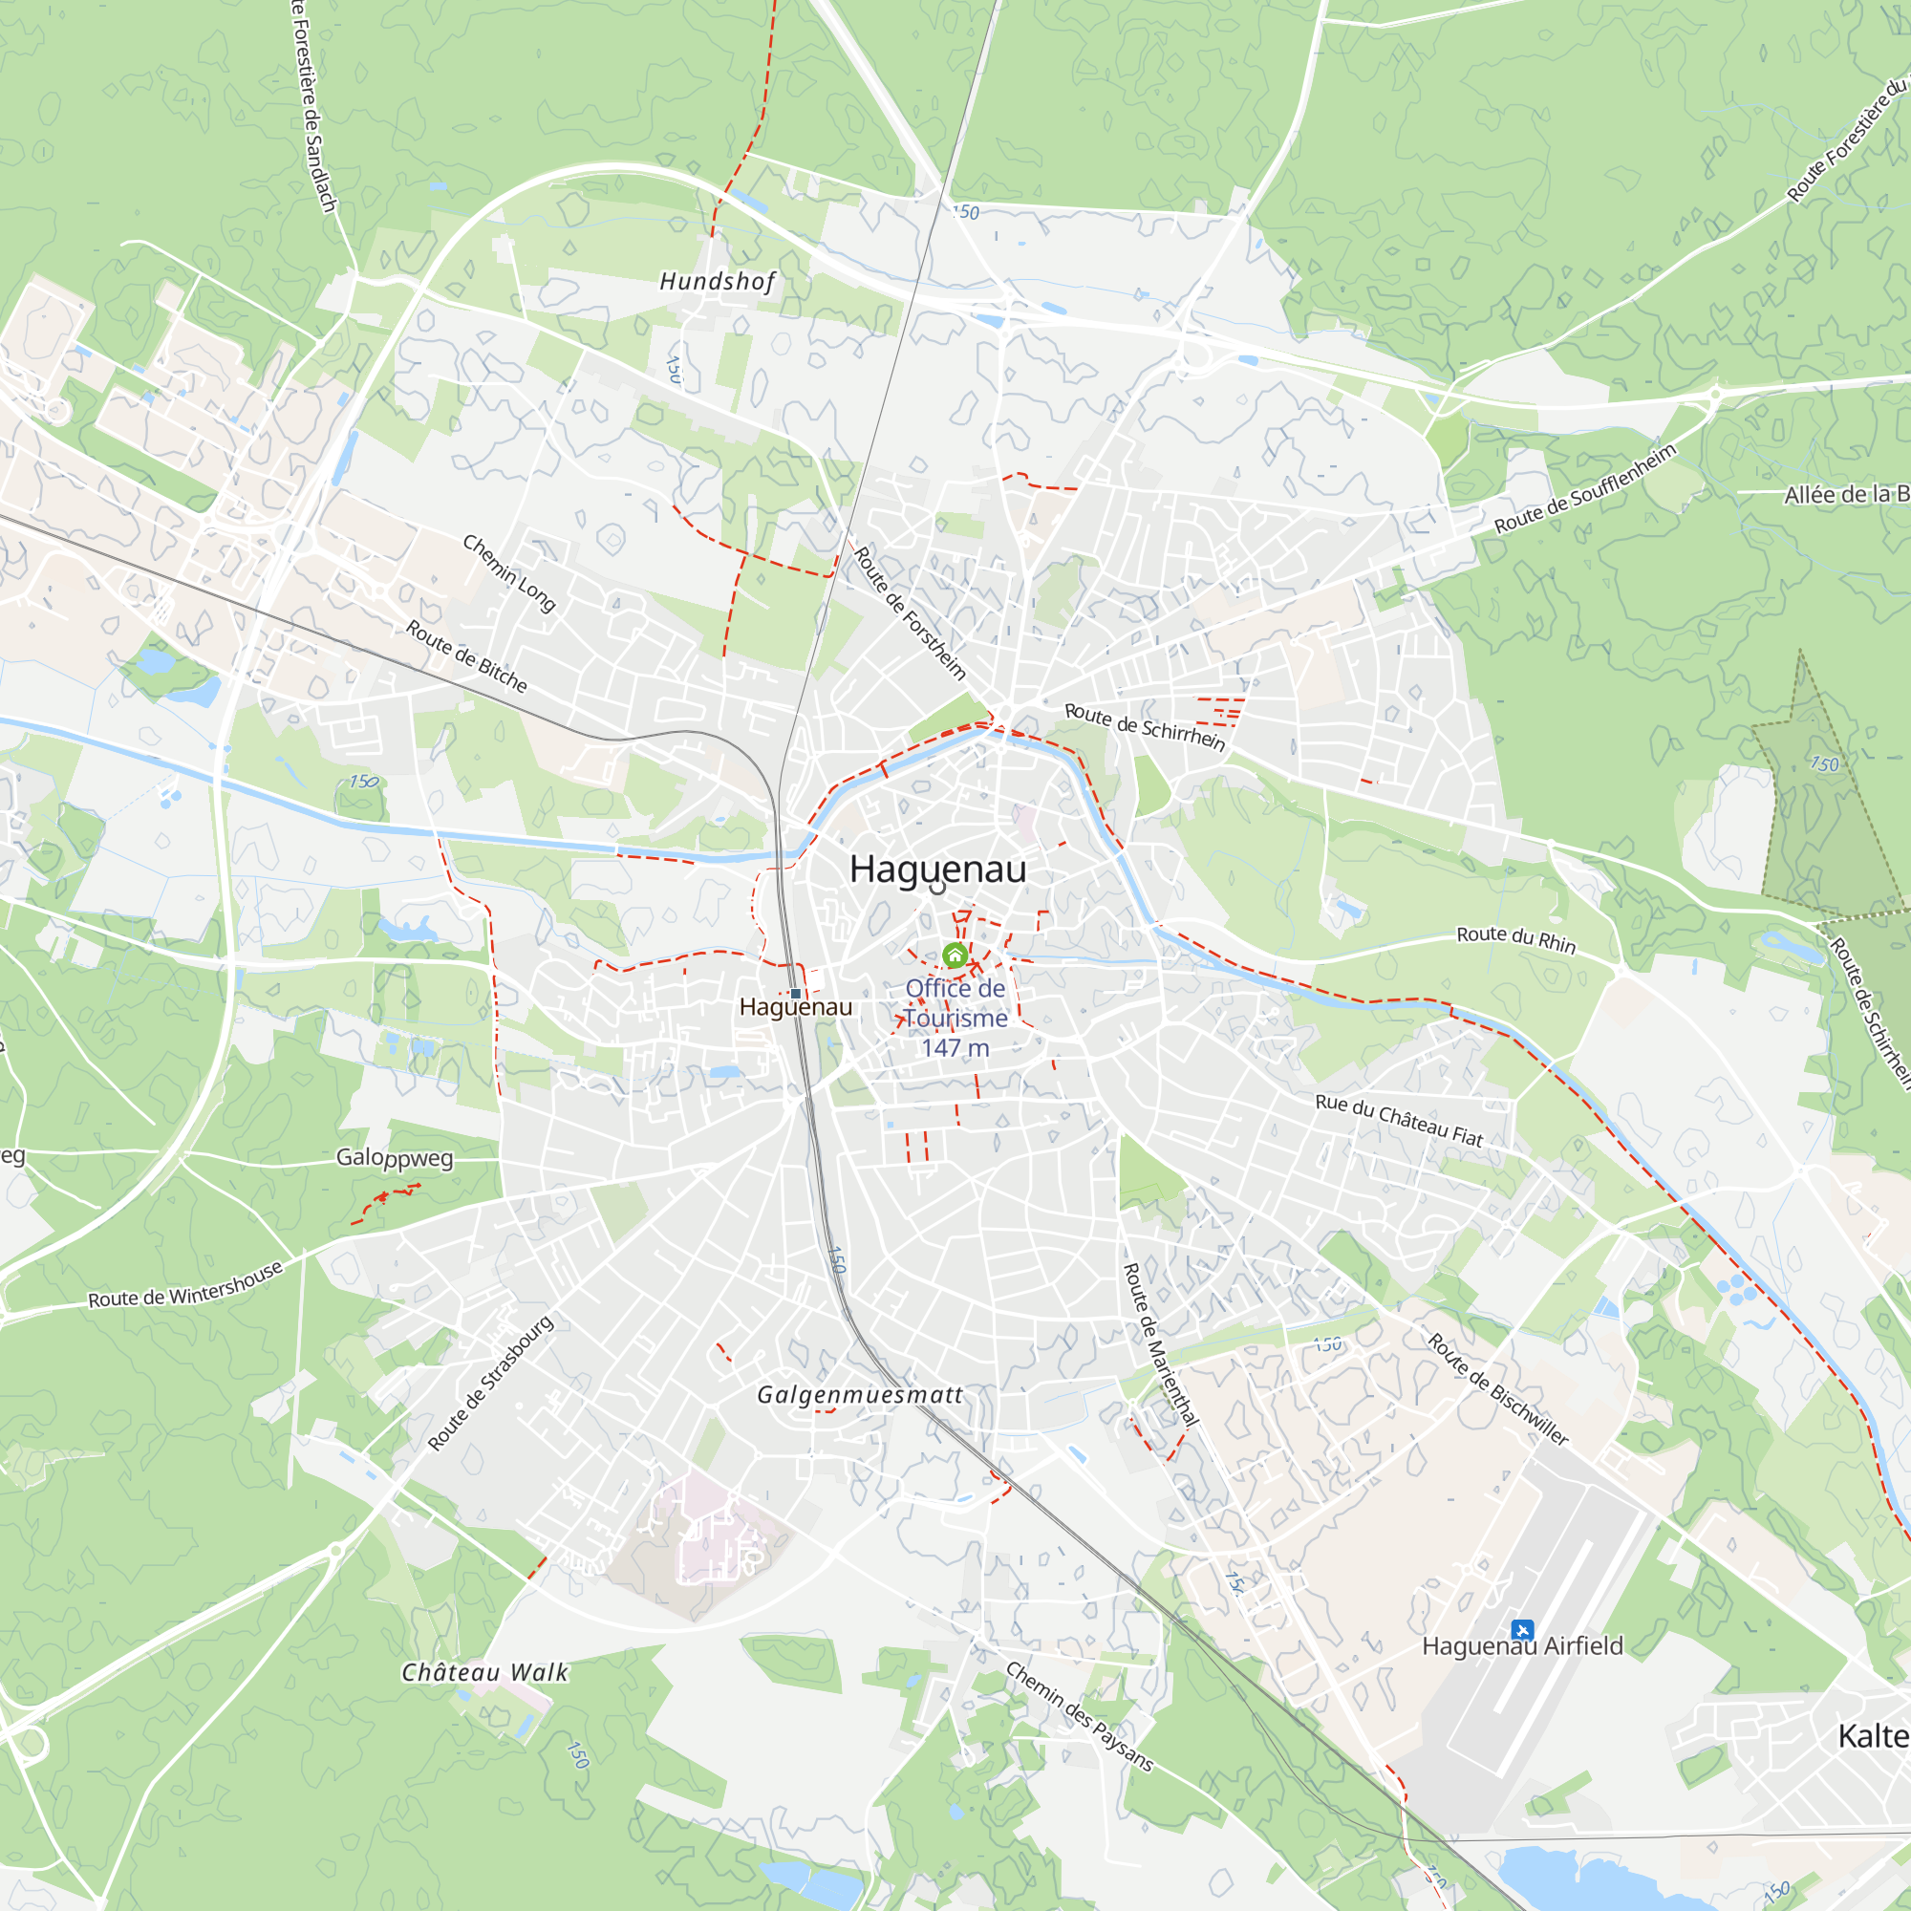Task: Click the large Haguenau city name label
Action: pos(937,870)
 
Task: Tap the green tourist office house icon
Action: pos(955,955)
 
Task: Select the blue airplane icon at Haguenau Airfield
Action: pos(1522,1629)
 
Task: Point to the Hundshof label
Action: pos(719,282)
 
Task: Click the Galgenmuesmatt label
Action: pos(860,1395)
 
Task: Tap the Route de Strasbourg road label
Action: pos(490,1383)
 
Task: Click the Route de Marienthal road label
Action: pos(1160,1344)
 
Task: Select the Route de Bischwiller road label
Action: pos(1497,1388)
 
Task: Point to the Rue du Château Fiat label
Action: pos(1400,1120)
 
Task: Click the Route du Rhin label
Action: pos(1516,938)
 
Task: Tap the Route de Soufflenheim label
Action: pos(1585,488)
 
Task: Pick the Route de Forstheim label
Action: pos(909,613)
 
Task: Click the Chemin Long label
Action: pos(509,572)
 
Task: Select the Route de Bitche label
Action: pos(467,655)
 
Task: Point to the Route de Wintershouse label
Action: pos(186,1284)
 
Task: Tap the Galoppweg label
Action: pos(395,1157)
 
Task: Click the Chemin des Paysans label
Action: pos(1079,1716)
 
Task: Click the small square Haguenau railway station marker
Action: pos(795,993)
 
